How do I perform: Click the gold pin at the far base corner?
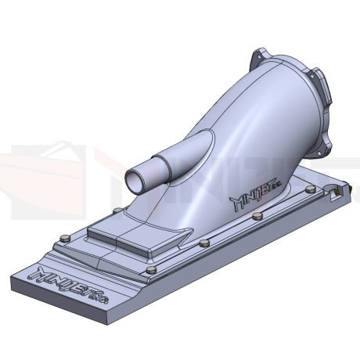(337, 189)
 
